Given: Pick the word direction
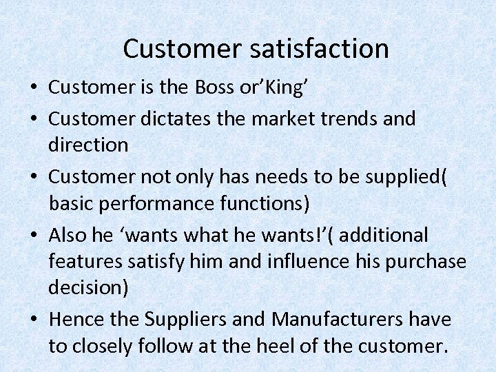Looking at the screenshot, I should [88, 145].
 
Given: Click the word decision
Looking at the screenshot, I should [87, 288].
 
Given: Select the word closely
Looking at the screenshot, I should [104, 346].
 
